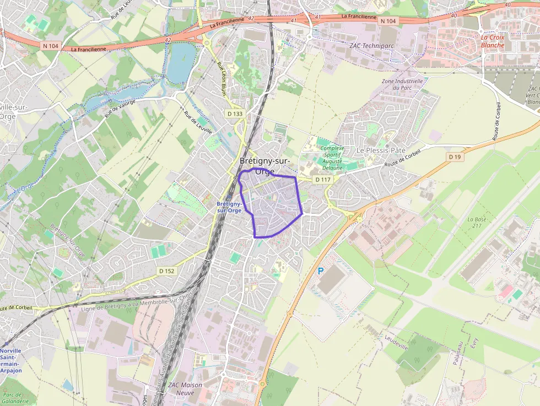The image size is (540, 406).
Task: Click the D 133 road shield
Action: [235, 113]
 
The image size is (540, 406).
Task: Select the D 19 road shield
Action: [454, 157]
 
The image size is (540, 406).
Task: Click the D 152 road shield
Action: [166, 271]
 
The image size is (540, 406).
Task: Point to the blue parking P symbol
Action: [321, 271]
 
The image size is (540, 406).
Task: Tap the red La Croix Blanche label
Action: [493, 41]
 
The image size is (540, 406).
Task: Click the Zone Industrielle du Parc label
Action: [402, 84]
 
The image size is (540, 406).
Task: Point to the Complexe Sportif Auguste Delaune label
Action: [332, 158]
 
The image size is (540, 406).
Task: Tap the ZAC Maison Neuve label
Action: [185, 388]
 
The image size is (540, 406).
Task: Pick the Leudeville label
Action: [396, 343]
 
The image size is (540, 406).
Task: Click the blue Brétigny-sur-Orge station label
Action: [229, 207]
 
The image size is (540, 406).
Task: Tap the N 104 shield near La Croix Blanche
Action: [388, 21]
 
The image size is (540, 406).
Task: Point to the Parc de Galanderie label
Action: [12, 398]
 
